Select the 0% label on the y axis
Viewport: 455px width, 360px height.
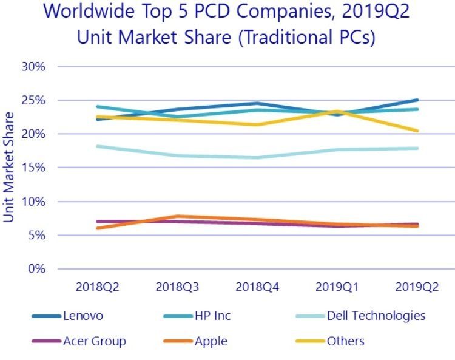click(x=36, y=268)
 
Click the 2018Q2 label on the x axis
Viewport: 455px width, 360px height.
click(x=97, y=285)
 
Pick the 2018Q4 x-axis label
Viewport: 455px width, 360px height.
click(x=258, y=285)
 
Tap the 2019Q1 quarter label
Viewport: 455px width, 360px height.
click(x=338, y=285)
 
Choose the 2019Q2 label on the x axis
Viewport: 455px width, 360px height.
click(x=417, y=285)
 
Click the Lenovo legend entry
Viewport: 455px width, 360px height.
click(x=83, y=316)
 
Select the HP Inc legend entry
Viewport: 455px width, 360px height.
click(x=213, y=316)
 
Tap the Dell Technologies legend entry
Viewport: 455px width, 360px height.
click(x=376, y=316)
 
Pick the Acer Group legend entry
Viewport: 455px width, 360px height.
click(x=94, y=341)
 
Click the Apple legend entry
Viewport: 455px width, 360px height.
click(x=211, y=341)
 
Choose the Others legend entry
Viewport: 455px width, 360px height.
click(x=345, y=341)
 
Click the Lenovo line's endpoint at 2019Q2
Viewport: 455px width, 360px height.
click(x=417, y=100)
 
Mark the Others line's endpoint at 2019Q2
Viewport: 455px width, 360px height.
click(x=417, y=131)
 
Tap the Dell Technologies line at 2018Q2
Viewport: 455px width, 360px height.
click(x=97, y=146)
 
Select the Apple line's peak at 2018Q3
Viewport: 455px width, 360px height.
click(x=177, y=216)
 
